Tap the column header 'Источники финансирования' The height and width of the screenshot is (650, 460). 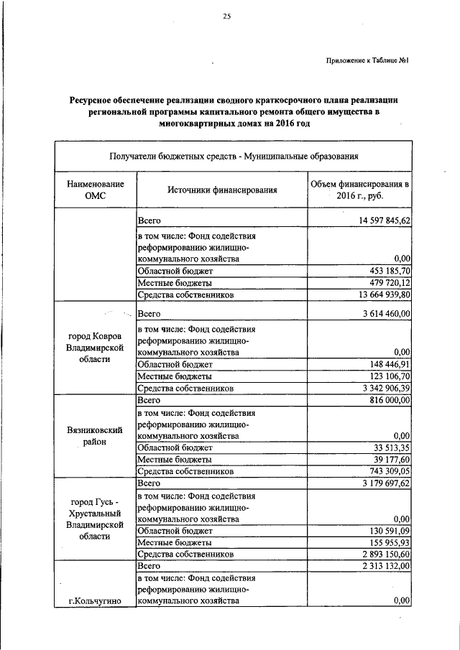(222, 190)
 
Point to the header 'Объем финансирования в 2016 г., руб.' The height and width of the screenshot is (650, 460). (360, 190)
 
